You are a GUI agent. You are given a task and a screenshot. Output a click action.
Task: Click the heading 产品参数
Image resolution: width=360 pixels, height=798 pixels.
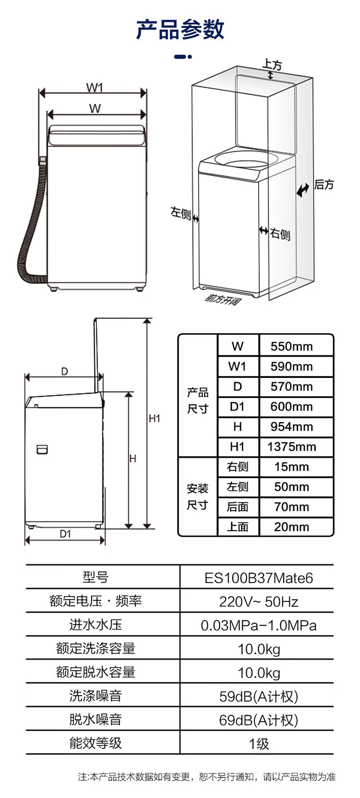tap(180, 30)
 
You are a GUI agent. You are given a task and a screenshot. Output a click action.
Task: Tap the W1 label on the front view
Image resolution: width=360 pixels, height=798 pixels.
tap(95, 87)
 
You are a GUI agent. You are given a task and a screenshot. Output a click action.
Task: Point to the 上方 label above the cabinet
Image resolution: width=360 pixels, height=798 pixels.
tap(273, 64)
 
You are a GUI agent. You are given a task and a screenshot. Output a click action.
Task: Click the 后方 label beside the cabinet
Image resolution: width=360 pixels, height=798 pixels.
tap(324, 184)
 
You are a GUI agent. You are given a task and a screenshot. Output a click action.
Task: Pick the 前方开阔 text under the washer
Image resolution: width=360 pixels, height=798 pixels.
tap(223, 299)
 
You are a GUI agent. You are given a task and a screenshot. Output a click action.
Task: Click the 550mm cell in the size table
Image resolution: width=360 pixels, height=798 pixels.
tap(292, 346)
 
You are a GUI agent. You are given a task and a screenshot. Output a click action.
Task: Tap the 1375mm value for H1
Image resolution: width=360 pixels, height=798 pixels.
tap(292, 447)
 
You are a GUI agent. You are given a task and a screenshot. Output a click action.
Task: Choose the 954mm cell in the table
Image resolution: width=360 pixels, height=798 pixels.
tap(292, 426)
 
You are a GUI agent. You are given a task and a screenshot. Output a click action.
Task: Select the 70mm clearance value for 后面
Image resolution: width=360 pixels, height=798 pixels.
tap(292, 507)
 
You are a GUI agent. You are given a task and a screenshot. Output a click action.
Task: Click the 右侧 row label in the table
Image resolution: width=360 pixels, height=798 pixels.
tap(238, 467)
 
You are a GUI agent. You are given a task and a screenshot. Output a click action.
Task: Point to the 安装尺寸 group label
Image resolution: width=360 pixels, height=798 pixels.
tap(198, 496)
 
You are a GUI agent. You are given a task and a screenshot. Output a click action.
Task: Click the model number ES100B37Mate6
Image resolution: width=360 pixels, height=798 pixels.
tap(259, 578)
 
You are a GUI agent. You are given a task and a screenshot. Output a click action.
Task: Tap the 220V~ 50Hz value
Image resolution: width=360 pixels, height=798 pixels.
tap(259, 602)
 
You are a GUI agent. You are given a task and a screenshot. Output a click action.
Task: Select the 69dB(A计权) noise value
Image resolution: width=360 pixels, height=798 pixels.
tap(259, 720)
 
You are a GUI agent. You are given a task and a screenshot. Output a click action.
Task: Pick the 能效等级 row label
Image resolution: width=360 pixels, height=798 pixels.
tap(96, 743)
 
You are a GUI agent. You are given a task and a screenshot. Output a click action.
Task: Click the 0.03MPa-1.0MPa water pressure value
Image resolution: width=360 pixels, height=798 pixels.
tap(259, 625)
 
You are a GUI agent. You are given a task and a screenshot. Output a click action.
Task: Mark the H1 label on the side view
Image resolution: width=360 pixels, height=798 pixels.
tap(155, 418)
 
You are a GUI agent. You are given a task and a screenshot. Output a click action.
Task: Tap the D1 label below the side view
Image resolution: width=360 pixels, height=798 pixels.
tap(65, 533)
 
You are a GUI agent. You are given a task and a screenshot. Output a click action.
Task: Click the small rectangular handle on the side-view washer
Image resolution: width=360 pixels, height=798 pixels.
tap(42, 449)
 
